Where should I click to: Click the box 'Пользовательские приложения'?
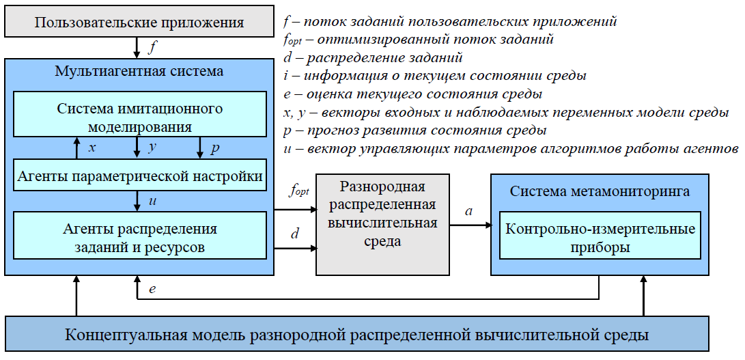(139, 23)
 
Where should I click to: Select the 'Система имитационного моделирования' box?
(140, 117)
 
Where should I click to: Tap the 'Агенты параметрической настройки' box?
(140, 176)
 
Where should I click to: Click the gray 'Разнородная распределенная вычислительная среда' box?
(382, 224)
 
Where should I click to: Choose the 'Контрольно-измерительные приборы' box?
(600, 237)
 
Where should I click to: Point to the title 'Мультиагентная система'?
(140, 71)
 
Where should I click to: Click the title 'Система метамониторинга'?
(600, 191)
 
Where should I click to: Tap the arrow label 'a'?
(468, 211)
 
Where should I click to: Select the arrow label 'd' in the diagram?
(295, 234)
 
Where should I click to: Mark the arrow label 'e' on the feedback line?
(152, 289)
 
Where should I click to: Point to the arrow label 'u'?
(152, 200)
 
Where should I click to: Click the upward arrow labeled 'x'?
(76, 148)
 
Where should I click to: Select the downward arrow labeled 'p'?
(200, 148)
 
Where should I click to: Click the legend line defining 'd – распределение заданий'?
(373, 57)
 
